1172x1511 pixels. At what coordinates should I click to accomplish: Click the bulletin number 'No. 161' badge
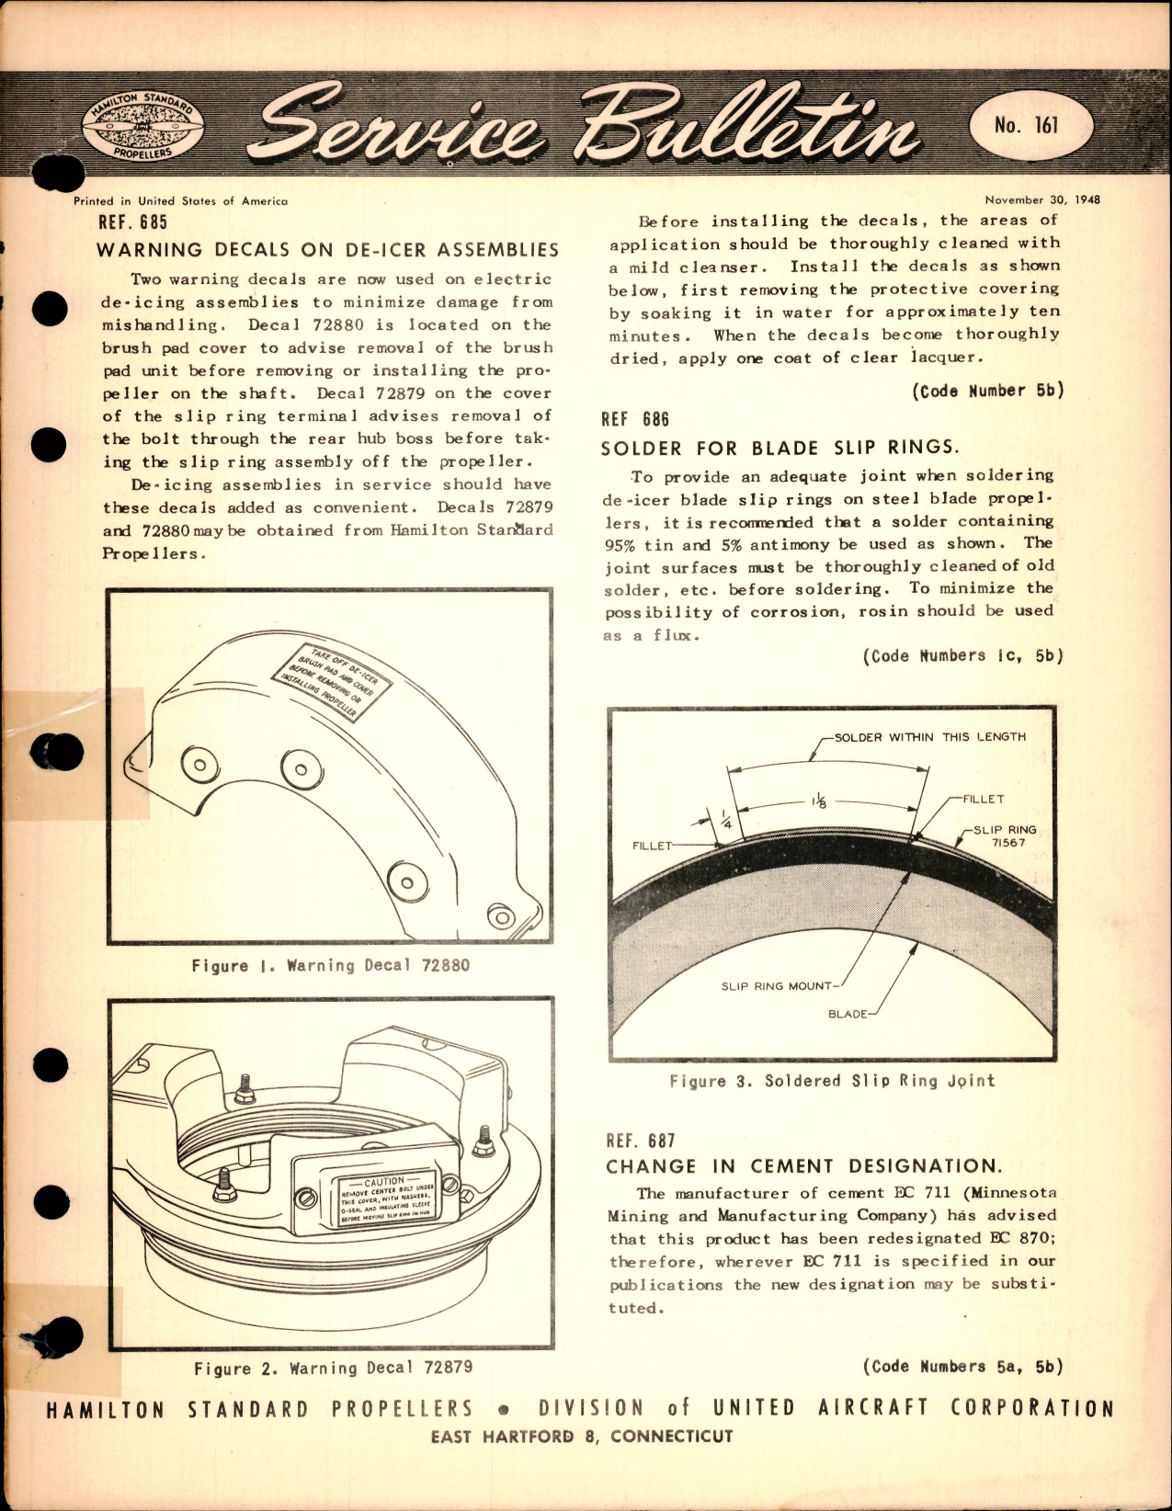pos(1027,124)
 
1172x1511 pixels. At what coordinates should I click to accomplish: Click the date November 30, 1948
pos(1041,199)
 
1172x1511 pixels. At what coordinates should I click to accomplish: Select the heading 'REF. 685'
pos(132,222)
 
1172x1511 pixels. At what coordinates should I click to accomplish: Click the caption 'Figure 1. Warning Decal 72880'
pos(330,966)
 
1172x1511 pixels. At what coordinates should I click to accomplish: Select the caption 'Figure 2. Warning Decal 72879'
pos(333,1368)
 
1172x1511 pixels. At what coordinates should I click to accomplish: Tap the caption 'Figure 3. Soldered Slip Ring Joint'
pos(832,1081)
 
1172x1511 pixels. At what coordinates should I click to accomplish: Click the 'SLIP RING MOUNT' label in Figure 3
pos(776,986)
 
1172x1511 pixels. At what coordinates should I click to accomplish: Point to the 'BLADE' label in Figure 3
pos(848,1014)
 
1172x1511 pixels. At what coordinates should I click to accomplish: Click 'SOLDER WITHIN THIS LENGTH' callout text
pos(929,736)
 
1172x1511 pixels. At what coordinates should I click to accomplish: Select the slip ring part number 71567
pos(1008,842)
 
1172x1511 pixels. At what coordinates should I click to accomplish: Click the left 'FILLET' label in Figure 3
pos(653,845)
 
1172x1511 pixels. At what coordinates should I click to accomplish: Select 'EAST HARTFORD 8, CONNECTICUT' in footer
pos(581,1436)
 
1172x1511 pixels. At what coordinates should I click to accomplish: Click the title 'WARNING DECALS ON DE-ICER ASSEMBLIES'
pos(327,250)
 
